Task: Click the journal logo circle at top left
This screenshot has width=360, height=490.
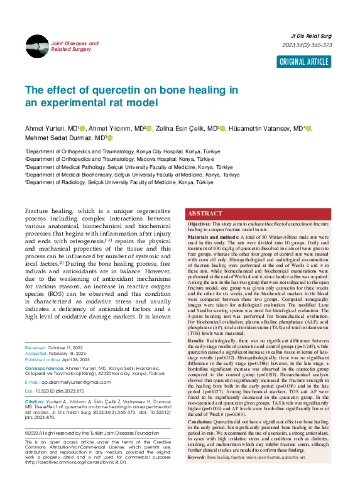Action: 36,46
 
